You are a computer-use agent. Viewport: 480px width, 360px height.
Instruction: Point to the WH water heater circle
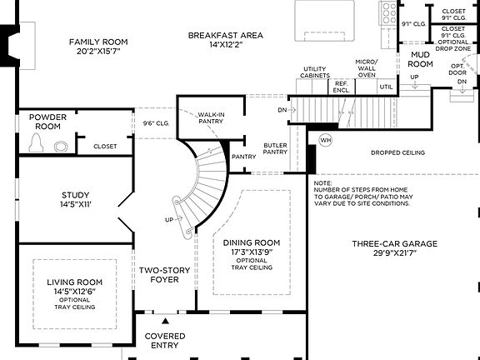(325, 139)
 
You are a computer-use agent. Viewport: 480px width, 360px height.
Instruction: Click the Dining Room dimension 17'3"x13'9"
(251, 251)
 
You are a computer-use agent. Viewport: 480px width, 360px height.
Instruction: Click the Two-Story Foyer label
(162, 276)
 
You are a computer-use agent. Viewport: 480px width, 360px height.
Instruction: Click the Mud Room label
(420, 59)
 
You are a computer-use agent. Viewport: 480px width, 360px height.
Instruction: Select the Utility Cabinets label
(313, 72)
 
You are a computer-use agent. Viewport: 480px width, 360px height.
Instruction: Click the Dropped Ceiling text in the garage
(397, 153)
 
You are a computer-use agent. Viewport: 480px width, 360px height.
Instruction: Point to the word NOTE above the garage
(322, 182)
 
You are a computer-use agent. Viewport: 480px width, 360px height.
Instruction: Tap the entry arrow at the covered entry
(165, 320)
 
